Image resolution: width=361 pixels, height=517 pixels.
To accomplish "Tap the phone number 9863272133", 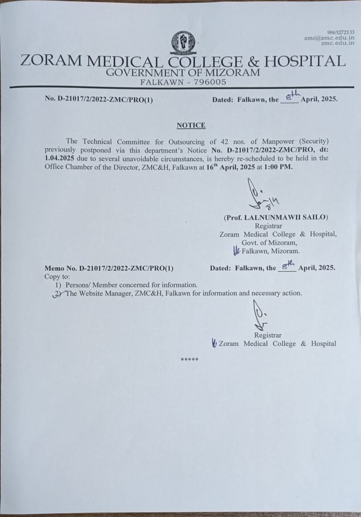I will tap(341, 32).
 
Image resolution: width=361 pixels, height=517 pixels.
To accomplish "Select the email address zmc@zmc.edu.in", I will tap(329, 37).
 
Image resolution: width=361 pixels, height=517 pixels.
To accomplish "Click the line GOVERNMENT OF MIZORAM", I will tap(183, 73).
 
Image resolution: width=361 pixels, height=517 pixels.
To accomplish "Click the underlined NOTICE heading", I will tap(191, 125).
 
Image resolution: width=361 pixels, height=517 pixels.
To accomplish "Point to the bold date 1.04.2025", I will tap(59, 158).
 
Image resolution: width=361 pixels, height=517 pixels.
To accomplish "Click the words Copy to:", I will tap(57, 277).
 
